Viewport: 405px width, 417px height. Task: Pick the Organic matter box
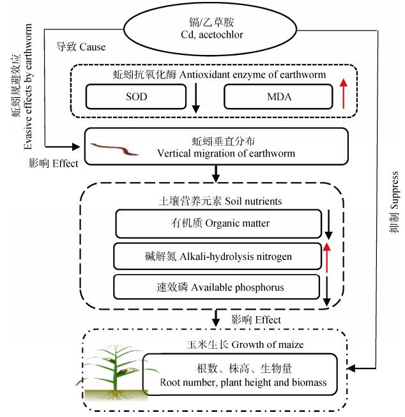tap(218, 224)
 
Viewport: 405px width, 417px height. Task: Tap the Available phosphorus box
tap(217, 287)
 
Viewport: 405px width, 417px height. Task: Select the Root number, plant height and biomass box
tap(239, 375)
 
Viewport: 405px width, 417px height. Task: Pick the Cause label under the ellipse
tap(81, 47)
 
